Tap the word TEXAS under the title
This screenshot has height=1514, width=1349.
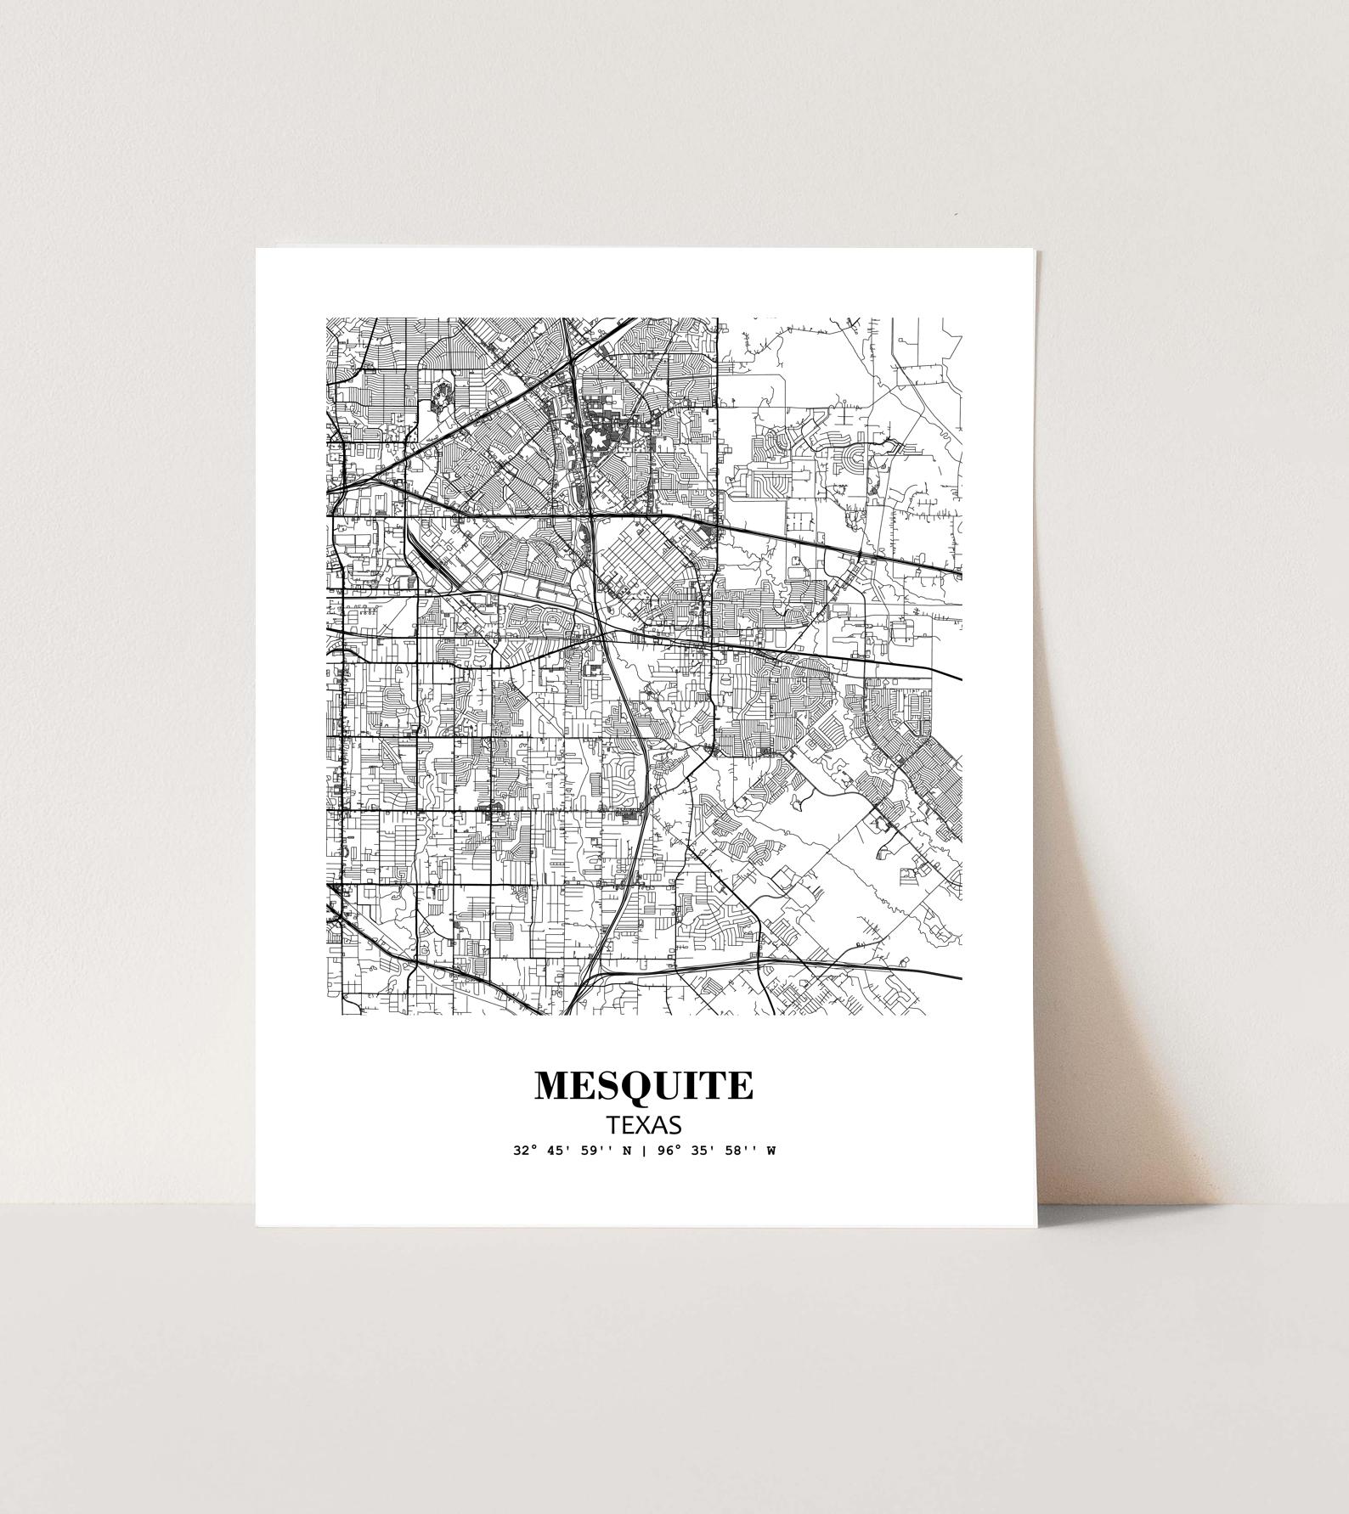click(644, 1125)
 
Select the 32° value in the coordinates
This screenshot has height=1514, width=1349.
click(525, 1152)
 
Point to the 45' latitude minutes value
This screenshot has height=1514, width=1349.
click(562, 1152)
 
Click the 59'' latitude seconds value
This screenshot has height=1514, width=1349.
click(601, 1152)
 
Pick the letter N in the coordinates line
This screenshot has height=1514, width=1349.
click(628, 1152)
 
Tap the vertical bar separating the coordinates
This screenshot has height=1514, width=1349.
click(645, 1152)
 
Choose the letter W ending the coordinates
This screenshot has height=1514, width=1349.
click(771, 1152)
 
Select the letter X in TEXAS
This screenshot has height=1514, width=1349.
click(644, 1125)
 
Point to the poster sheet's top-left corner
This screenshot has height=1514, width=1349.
click(257, 249)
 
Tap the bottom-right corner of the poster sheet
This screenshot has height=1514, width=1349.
click(1036, 1225)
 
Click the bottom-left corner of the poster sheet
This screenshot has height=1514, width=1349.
click(257, 1225)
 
